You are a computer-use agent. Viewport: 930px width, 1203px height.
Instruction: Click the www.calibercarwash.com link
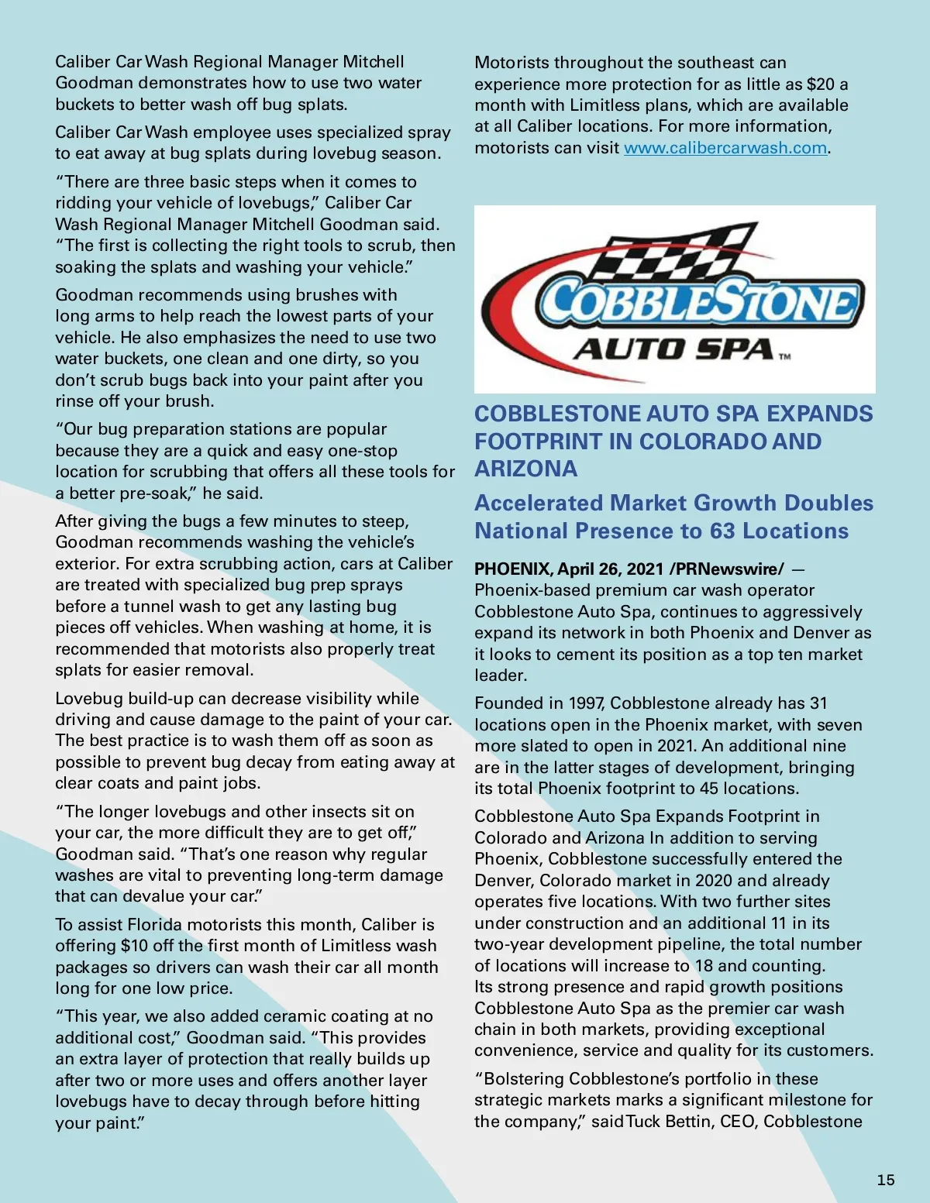click(x=725, y=148)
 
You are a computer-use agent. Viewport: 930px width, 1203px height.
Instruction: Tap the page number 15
click(x=886, y=1180)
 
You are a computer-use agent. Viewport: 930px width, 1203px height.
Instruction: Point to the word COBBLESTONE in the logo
click(x=701, y=301)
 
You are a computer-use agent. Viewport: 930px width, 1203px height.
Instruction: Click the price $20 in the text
click(x=821, y=84)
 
